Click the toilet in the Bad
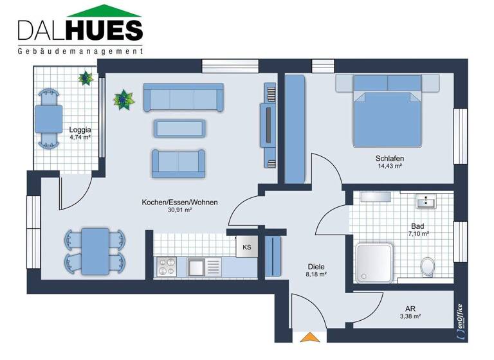[426, 264]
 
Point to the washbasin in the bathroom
[425, 203]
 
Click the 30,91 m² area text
[180, 210]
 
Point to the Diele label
[316, 266]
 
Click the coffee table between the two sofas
[179, 128]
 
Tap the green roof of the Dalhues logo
[104, 11]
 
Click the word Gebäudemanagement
[80, 51]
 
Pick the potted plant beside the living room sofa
[122, 100]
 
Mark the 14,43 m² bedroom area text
[389, 166]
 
